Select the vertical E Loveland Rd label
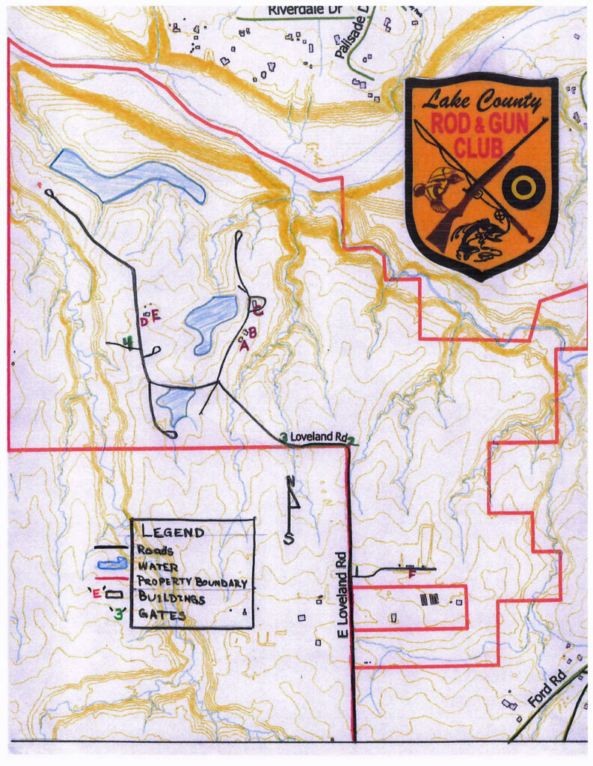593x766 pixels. click(x=342, y=595)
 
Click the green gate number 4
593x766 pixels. click(x=129, y=343)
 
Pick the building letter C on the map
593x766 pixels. click(x=258, y=306)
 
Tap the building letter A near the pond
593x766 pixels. click(x=243, y=345)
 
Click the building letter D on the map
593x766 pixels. click(x=144, y=322)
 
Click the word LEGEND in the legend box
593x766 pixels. click(x=173, y=533)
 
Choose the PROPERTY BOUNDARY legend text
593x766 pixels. click(x=192, y=581)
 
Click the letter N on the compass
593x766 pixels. click(x=291, y=481)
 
